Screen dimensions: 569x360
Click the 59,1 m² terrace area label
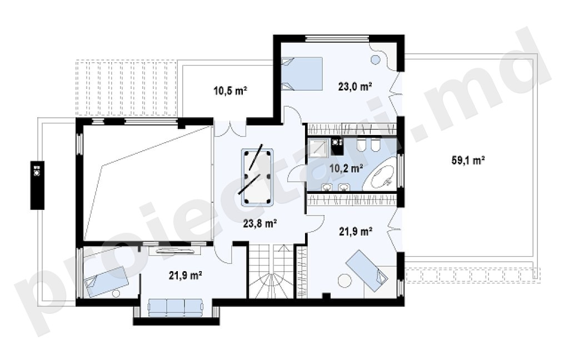pos(468,160)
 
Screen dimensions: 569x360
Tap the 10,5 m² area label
pos(231,91)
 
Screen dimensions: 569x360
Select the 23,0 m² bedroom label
pos(355,87)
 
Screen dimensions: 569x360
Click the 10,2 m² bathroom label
pos(347,168)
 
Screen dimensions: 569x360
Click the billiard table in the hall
pos(257,176)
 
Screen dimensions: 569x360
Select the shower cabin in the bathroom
pos(318,147)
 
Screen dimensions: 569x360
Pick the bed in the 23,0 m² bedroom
pos(302,73)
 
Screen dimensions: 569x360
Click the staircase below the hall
pos(271,271)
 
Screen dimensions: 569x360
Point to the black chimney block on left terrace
pos(37,186)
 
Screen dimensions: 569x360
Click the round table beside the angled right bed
pos(344,281)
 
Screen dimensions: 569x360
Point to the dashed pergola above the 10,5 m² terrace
pos(126,88)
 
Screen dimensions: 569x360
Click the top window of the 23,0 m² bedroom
pos(337,38)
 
